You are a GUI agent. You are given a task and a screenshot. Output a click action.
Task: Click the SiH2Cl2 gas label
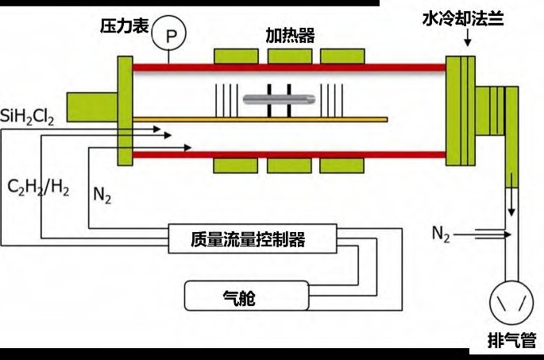coord(28,120)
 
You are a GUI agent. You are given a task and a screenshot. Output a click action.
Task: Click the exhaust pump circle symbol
coord(511,302)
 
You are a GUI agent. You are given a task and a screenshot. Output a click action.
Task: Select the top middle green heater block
coord(290,58)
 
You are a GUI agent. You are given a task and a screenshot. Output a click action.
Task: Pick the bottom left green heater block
coord(236,165)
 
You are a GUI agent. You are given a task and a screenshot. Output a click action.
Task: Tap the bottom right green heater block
coord(343,165)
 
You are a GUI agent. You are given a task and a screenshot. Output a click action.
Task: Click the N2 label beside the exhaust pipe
coord(442,233)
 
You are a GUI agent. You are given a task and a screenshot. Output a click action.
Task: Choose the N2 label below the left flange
coord(102,195)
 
